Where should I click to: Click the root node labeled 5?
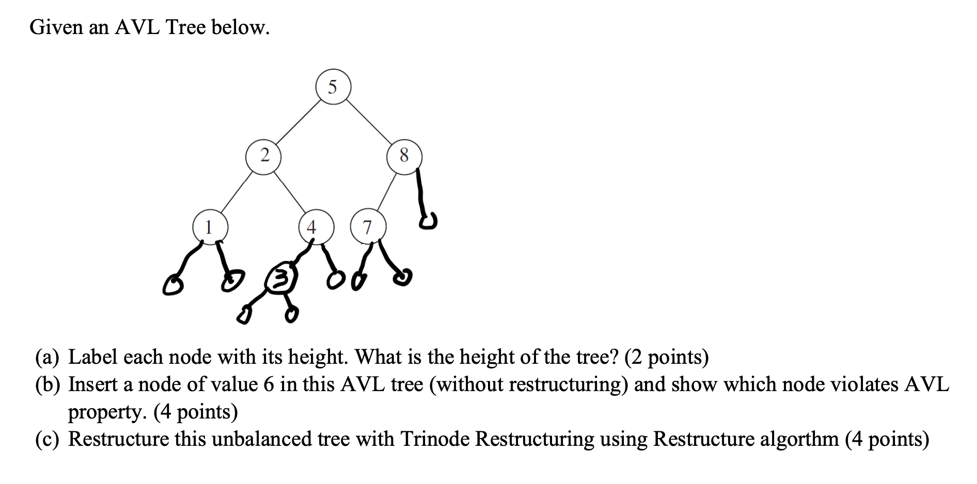point(333,87)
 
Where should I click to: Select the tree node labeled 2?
point(264,155)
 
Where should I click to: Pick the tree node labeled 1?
point(210,227)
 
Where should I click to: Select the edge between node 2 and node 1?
point(237,191)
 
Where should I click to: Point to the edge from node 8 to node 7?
point(387,191)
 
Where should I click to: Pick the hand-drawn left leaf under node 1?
point(172,285)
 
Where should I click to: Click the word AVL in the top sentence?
point(137,27)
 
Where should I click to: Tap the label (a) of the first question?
point(47,357)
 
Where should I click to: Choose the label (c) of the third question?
point(47,439)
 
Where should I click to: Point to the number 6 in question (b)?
point(269,384)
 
